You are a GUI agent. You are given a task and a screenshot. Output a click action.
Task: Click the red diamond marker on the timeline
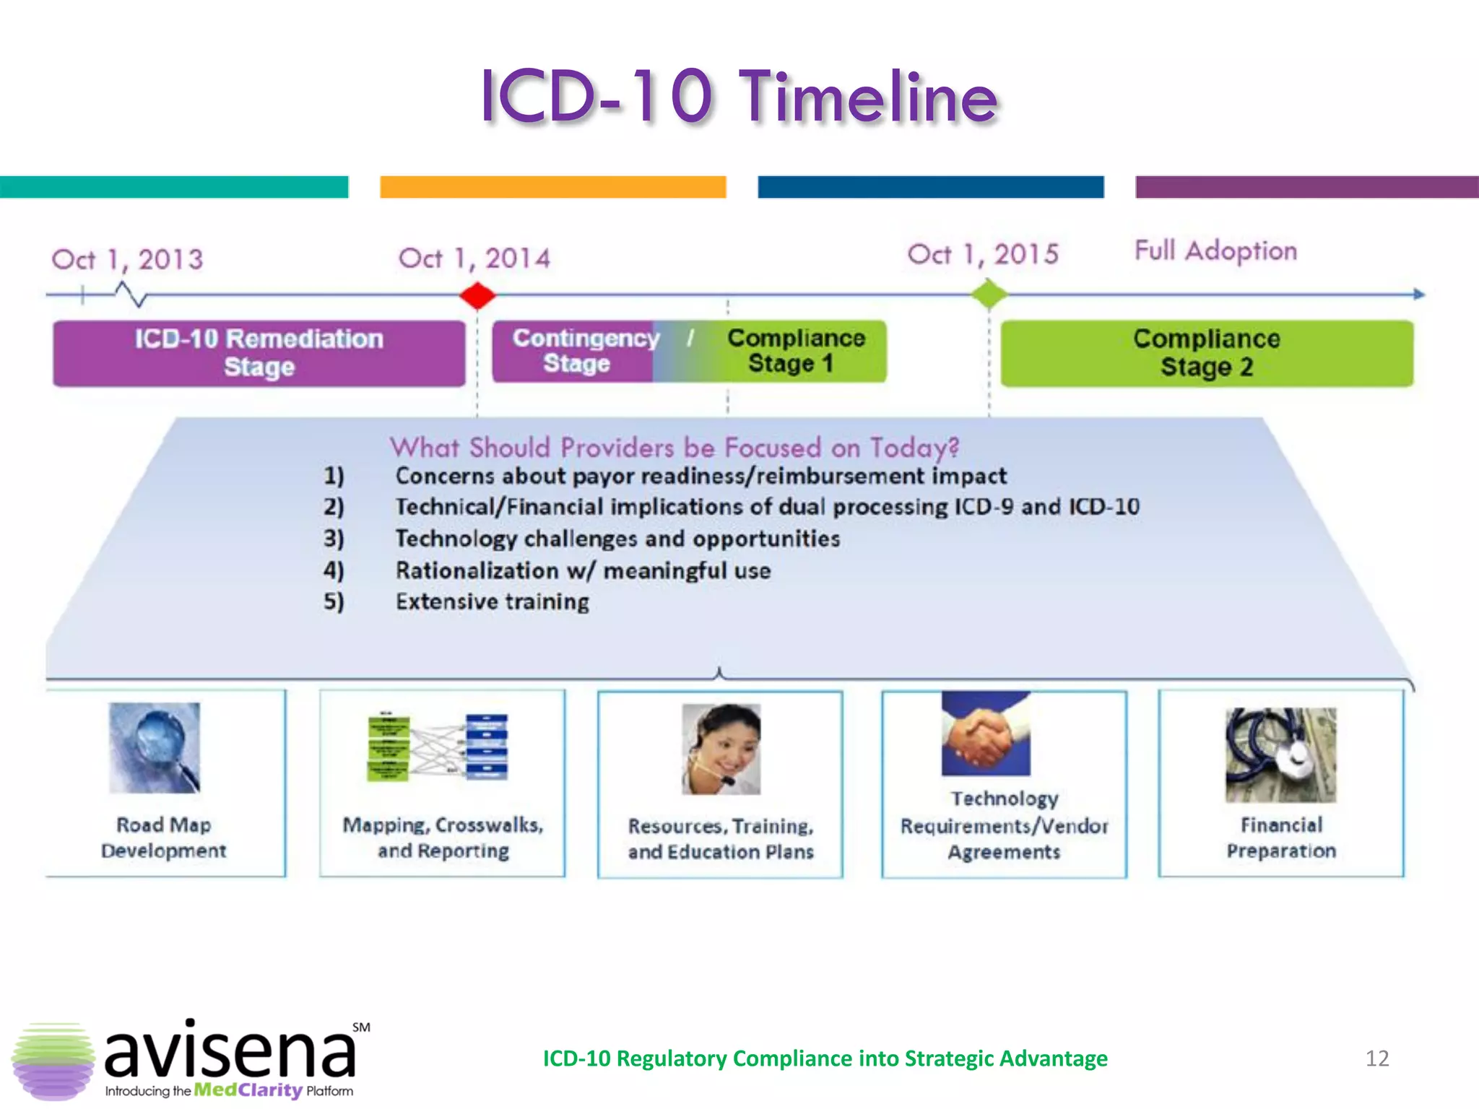tap(477, 295)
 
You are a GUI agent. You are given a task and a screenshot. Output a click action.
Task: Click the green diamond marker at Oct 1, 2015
tap(989, 295)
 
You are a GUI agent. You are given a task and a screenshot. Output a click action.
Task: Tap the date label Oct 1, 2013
tap(127, 259)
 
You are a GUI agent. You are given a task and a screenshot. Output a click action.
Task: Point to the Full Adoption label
tap(1215, 251)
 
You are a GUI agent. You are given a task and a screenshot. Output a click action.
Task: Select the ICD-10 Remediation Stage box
tap(259, 353)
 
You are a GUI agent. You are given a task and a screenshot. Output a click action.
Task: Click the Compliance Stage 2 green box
tap(1206, 353)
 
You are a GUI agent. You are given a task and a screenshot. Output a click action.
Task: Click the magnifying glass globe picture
tap(155, 747)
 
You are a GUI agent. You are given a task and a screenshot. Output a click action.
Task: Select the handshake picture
tap(986, 734)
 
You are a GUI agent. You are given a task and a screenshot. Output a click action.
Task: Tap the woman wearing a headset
tap(721, 749)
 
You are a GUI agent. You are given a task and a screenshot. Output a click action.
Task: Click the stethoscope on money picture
tap(1280, 754)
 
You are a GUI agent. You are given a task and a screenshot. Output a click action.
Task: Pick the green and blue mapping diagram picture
tap(438, 747)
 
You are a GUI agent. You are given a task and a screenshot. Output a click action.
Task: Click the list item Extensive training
tap(492, 601)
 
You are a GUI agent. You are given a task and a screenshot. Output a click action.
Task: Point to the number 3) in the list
tap(334, 539)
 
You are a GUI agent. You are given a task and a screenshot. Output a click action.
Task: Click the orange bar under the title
tap(552, 186)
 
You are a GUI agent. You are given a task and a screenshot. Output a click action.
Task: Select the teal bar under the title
tap(173, 186)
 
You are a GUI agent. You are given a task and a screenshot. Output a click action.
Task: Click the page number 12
tap(1376, 1058)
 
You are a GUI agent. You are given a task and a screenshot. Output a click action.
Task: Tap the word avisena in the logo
tap(230, 1052)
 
